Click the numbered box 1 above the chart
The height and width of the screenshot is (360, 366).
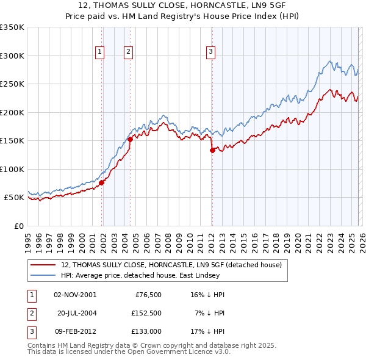(99, 52)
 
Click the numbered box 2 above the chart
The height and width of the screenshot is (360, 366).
(129, 52)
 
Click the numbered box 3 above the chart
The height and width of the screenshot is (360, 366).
(210, 52)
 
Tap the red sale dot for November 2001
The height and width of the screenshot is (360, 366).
(102, 182)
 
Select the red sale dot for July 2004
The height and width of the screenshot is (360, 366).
(131, 139)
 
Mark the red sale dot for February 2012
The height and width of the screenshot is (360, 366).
(212, 150)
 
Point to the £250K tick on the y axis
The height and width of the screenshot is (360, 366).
(12, 84)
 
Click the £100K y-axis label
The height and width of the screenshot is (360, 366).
(12, 169)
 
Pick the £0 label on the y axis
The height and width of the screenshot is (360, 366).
(18, 226)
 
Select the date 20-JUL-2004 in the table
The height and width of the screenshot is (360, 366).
(77, 313)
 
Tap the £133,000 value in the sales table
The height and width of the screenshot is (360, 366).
(146, 331)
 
